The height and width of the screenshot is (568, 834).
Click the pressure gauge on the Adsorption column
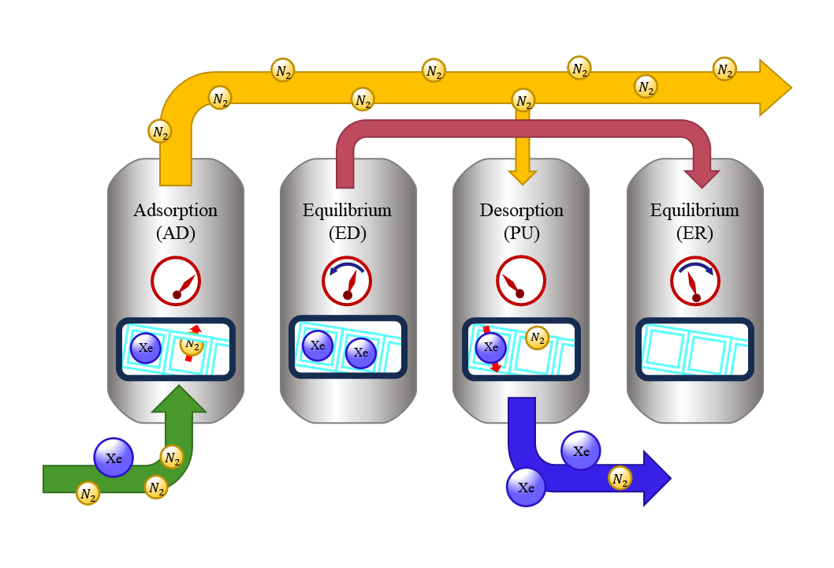(176, 281)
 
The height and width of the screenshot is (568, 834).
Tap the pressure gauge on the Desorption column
(520, 281)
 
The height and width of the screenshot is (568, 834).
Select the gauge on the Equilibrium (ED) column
(347, 281)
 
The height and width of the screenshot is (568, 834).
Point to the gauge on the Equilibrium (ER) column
(694, 281)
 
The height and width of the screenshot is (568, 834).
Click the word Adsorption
(175, 211)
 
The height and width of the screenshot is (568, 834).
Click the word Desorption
(521, 211)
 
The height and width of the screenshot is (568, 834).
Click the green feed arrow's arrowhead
(179, 400)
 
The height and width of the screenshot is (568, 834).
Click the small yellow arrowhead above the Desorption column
(522, 177)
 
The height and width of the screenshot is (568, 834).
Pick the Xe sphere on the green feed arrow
(114, 457)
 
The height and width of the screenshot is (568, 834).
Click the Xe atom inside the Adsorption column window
(146, 347)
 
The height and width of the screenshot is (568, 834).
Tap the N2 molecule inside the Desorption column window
(538, 338)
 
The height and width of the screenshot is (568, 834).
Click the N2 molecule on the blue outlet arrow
(620, 478)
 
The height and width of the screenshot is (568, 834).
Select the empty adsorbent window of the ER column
(694, 348)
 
